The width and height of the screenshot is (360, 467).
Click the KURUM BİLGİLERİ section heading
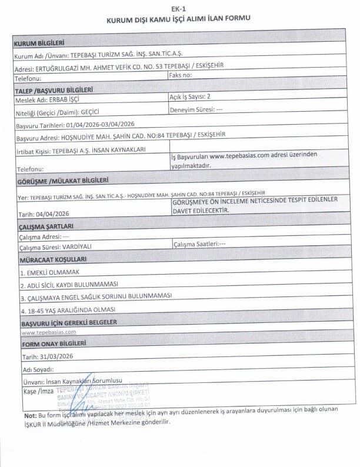pyautogui.click(x=39, y=44)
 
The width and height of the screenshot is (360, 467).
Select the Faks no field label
pyautogui.click(x=180, y=76)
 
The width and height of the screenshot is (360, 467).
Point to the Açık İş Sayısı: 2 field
pyautogui.click(x=190, y=96)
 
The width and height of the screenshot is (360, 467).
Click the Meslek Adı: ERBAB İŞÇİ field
pyautogui.click(x=49, y=100)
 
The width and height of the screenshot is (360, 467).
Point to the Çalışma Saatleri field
pyautogui.click(x=199, y=243)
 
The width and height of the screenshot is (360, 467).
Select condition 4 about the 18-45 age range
pyautogui.click(x=67, y=309)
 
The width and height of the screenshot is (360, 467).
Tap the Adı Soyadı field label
pyautogui.click(x=38, y=370)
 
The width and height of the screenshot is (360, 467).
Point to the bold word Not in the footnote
pyautogui.click(x=30, y=416)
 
